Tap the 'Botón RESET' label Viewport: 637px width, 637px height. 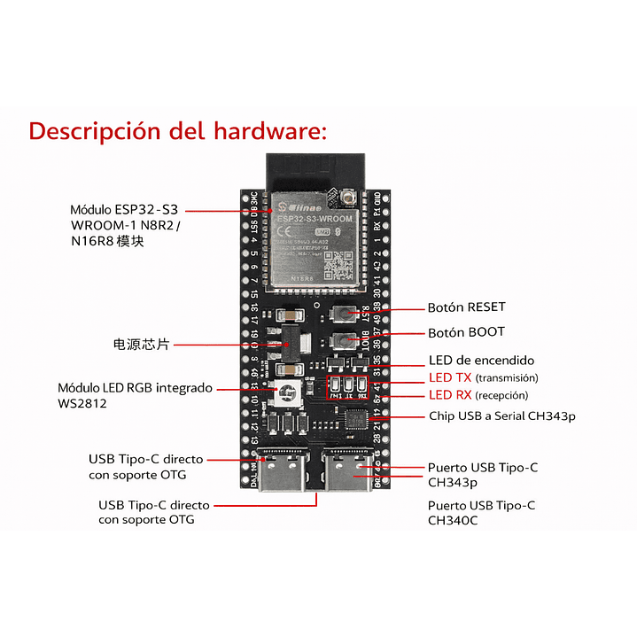[466, 307]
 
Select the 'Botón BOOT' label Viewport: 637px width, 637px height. [466, 332]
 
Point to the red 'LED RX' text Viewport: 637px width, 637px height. [451, 395]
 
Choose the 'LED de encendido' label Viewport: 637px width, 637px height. [481, 361]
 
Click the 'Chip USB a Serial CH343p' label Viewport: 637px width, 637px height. [490, 415]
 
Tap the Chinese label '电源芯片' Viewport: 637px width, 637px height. [141, 344]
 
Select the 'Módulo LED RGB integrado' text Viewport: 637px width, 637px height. [135, 388]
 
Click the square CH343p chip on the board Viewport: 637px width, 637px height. [356, 418]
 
